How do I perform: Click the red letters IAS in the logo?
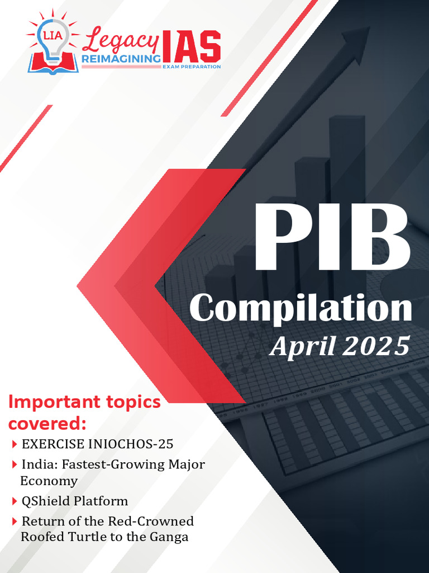coord(190,47)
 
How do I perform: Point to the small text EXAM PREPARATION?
coord(191,67)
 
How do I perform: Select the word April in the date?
coord(302,347)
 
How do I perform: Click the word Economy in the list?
coord(49,481)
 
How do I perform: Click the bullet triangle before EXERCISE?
coord(14,445)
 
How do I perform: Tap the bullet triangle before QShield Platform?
coord(14,501)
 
